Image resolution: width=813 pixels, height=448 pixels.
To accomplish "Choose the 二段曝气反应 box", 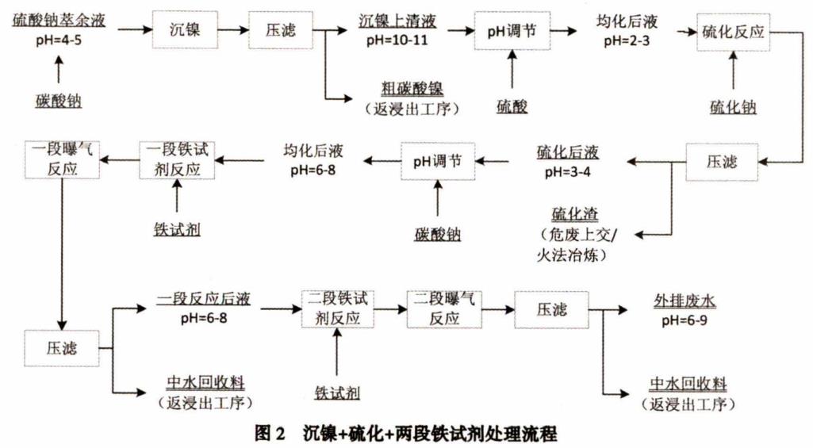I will point(443,308).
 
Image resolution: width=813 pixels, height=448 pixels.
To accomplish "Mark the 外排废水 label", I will point(685,300).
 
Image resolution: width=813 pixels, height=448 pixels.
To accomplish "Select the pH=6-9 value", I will point(685,319).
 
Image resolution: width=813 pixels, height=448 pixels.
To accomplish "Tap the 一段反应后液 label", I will point(204,300).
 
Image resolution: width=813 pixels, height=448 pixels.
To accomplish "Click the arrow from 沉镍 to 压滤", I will point(232,29).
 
